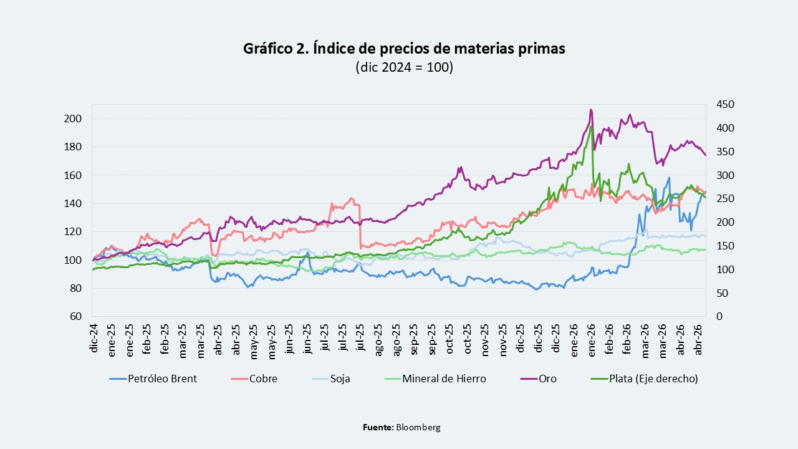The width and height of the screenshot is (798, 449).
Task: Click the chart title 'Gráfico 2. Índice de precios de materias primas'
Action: point(404,49)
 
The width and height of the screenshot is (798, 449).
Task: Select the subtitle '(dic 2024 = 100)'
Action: point(405,67)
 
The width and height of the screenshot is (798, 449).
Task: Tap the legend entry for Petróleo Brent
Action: point(153,379)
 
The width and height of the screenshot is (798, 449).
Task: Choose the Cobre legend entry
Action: point(254,379)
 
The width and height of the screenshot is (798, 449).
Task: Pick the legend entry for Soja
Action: point(331,379)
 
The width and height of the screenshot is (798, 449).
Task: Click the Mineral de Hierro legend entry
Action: point(435,379)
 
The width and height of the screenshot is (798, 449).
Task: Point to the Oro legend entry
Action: point(538,379)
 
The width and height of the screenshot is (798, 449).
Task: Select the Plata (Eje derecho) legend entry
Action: point(644,379)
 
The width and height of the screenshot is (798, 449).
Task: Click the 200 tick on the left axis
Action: point(73,118)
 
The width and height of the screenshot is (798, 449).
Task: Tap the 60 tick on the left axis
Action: point(75,316)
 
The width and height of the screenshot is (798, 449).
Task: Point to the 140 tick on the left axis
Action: point(73,203)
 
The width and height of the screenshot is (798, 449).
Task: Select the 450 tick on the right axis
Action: point(725,104)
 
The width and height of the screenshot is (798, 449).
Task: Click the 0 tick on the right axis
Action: point(719,316)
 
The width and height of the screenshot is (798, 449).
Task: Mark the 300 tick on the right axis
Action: point(725,175)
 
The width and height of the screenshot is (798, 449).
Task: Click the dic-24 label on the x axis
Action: point(94,338)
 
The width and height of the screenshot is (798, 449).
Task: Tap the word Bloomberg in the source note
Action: point(418,427)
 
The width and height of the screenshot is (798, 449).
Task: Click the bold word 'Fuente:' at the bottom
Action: point(378,427)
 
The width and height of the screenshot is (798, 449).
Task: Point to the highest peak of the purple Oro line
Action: point(591,110)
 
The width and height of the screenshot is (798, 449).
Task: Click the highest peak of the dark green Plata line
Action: point(591,126)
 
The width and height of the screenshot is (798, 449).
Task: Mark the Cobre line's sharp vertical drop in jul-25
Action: point(360,226)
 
